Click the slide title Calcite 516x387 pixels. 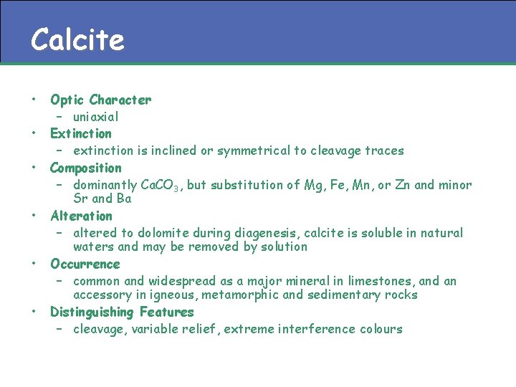(77, 39)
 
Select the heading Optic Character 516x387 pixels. (100, 100)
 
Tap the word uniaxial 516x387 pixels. (95, 117)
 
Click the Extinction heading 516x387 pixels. (80, 133)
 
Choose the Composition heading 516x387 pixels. (85, 168)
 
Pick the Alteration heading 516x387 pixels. (81, 216)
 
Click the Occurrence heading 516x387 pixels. (85, 264)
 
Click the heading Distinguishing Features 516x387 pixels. (122, 312)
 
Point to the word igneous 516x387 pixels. (171, 295)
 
